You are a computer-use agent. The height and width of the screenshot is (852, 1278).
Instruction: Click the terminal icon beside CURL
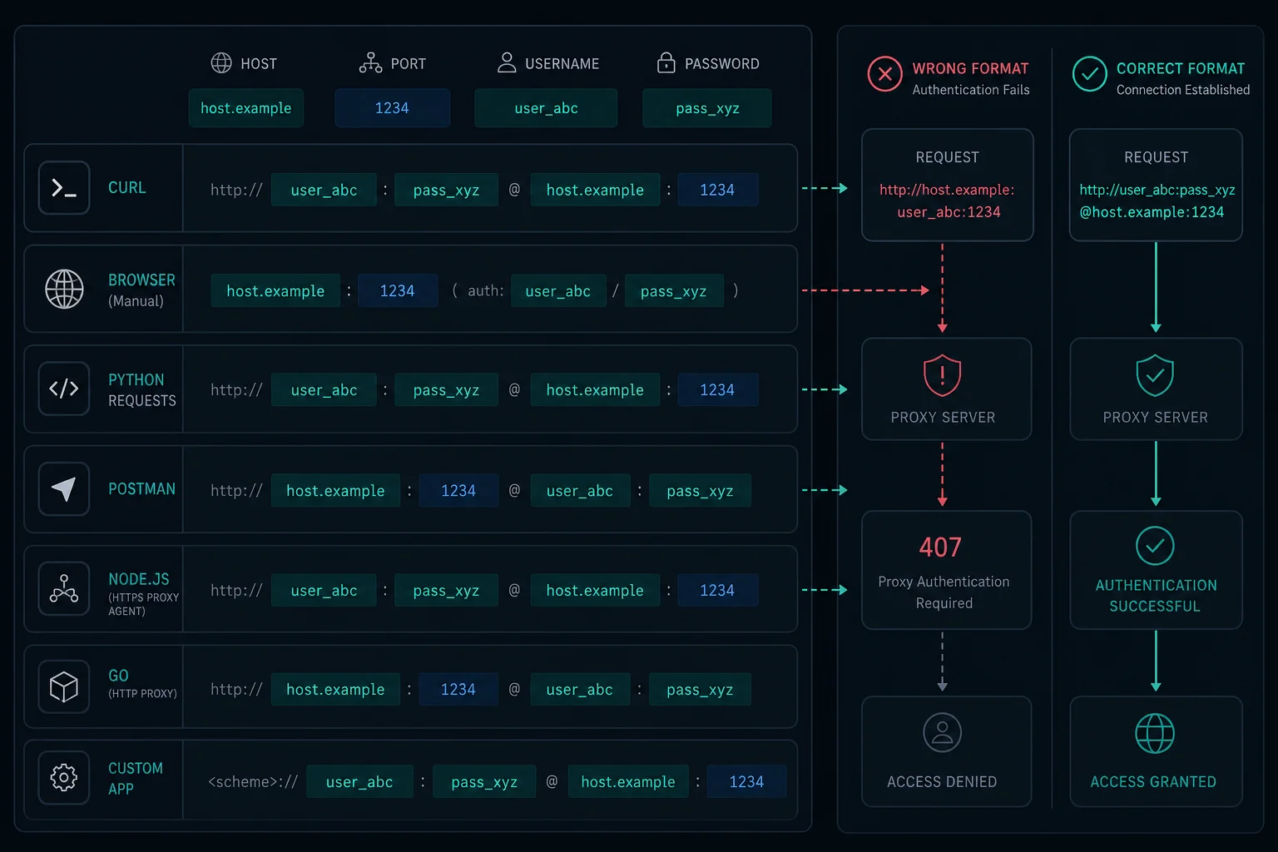(x=64, y=188)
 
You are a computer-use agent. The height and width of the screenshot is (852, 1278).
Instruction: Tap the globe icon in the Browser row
(x=64, y=290)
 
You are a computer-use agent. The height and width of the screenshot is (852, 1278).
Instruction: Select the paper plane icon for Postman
(x=64, y=489)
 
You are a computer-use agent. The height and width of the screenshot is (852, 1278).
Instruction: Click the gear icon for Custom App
(x=64, y=777)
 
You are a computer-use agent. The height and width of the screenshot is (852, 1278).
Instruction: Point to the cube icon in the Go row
(x=64, y=686)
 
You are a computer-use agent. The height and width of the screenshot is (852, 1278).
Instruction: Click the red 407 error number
(x=940, y=547)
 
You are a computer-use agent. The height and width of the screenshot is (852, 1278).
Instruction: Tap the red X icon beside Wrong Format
(x=885, y=74)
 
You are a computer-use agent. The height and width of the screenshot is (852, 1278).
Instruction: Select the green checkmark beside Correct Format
(x=1089, y=74)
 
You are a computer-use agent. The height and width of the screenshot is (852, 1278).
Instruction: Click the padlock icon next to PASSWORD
(x=666, y=62)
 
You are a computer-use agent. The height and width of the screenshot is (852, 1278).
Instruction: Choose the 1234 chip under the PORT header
(x=392, y=108)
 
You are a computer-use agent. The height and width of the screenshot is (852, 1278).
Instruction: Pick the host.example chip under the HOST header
(x=246, y=108)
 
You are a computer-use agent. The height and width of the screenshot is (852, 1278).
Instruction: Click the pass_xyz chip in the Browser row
(x=674, y=291)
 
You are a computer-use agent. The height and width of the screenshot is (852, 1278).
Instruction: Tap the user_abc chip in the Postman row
(x=580, y=491)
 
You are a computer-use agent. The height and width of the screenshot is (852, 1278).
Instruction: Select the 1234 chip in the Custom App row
(x=746, y=782)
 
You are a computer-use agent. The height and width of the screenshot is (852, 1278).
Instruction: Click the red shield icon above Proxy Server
(x=942, y=375)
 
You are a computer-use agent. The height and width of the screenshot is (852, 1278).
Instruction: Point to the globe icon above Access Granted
(x=1155, y=733)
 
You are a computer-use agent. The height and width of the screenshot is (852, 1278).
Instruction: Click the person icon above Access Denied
(x=942, y=733)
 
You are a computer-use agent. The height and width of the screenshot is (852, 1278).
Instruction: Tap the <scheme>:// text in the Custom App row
(x=253, y=782)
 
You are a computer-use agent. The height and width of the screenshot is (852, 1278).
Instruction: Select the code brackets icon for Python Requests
(x=64, y=389)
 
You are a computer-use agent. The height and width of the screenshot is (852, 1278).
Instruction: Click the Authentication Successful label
(x=1156, y=595)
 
